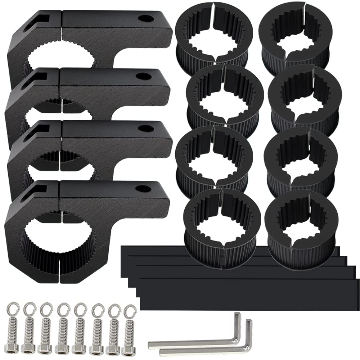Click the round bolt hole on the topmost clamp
[146, 18]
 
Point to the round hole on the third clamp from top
[145, 128]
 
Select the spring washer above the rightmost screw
[130, 310]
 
